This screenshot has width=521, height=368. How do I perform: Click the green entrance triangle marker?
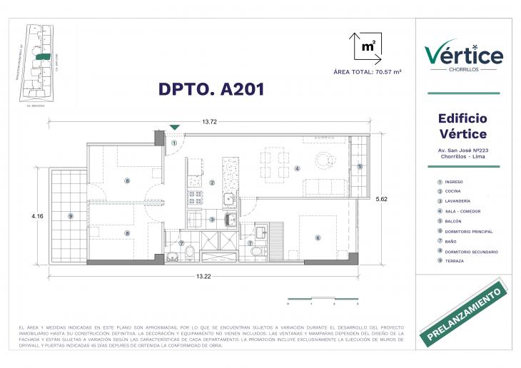175,128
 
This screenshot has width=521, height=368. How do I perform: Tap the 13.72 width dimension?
209,122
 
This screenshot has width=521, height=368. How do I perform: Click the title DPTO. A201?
211,89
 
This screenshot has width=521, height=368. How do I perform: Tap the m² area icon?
368,46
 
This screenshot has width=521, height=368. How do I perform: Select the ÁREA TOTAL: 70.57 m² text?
367,73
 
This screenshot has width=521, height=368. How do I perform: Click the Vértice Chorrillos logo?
463,56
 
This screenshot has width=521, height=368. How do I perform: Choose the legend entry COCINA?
453,192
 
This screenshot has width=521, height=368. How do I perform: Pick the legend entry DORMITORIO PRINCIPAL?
467,232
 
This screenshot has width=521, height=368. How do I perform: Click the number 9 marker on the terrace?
70,216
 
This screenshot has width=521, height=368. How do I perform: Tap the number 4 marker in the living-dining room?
296,169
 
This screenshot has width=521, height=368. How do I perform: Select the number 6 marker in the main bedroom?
318,237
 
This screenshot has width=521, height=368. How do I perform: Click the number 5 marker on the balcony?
360,167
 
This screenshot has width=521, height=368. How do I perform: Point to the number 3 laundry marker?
212,219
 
